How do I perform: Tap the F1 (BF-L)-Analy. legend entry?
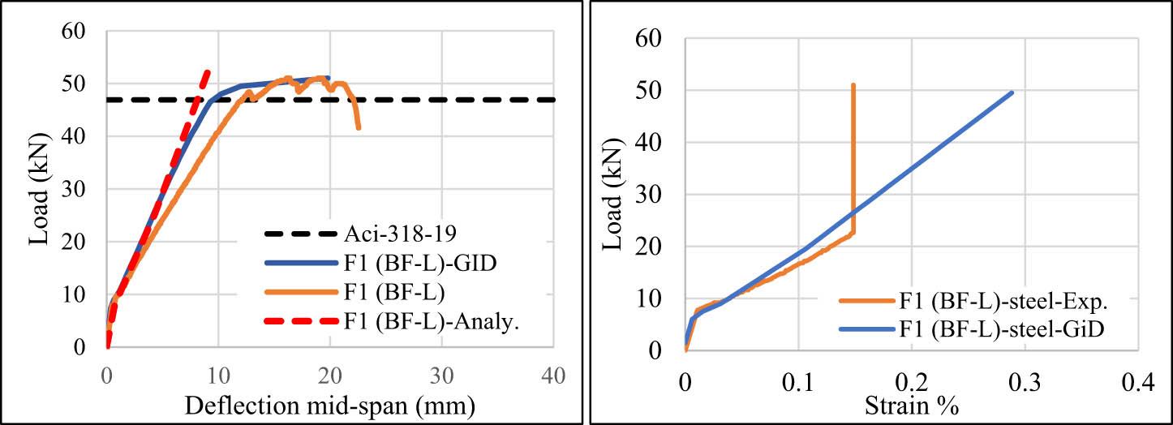430,322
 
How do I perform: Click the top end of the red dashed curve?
207,71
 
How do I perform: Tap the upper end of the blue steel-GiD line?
1012,92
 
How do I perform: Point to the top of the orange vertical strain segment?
853,84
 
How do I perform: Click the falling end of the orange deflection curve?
359,128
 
